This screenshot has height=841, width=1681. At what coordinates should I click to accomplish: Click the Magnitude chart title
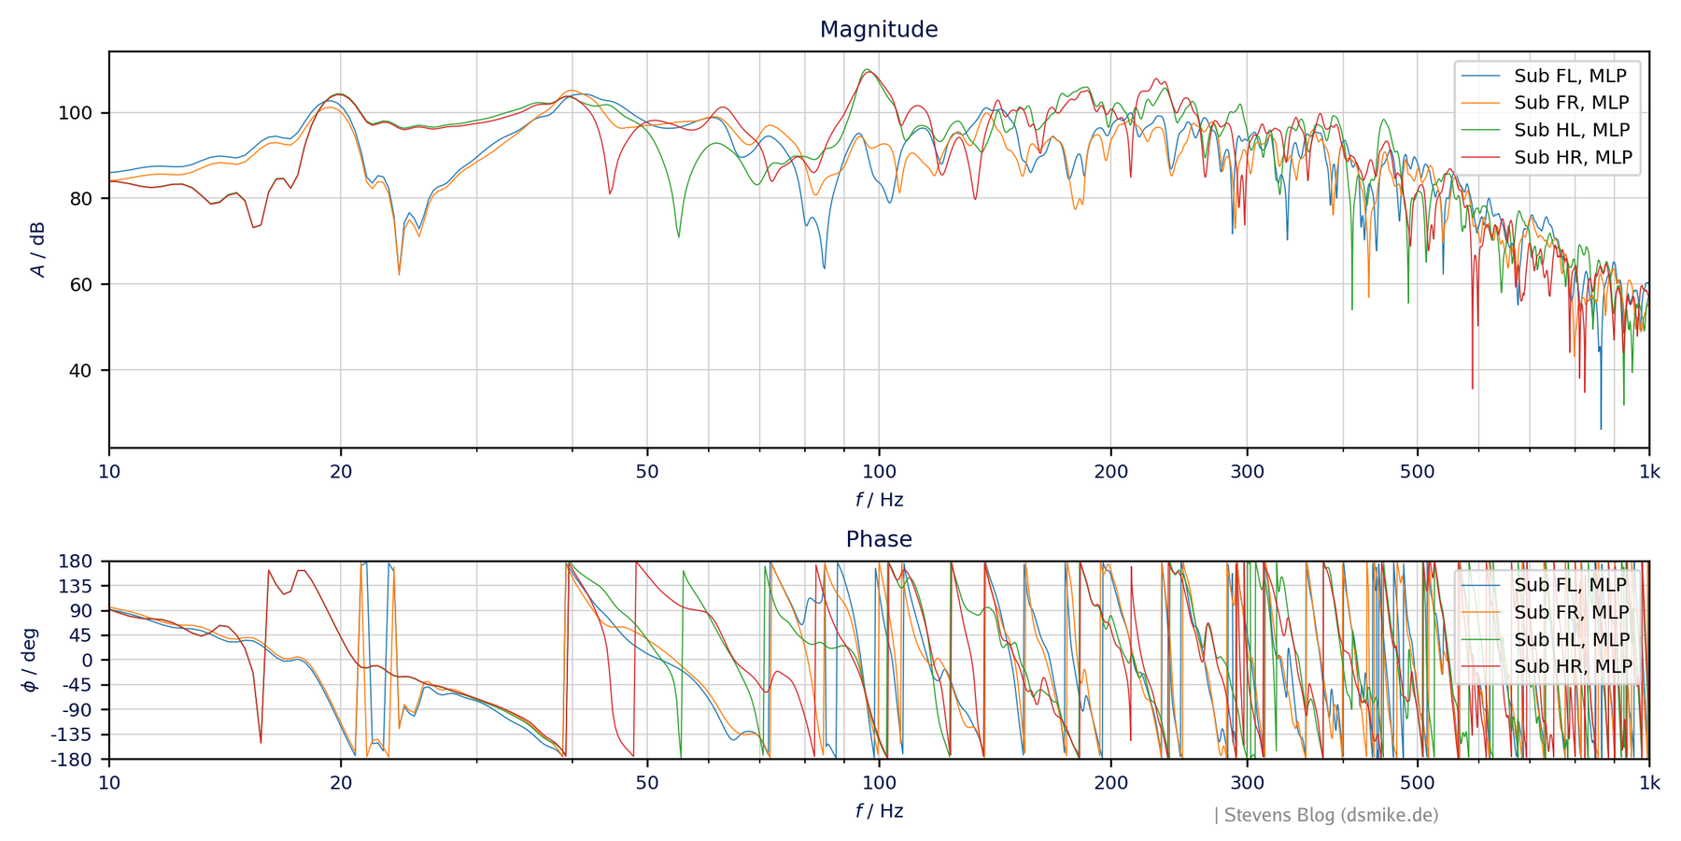pos(878,30)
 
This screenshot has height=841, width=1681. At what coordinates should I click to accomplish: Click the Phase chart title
pos(878,539)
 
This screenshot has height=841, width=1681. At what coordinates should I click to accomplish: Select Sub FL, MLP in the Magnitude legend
pos(1569,76)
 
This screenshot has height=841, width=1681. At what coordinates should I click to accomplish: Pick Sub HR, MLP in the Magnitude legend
pos(1573,158)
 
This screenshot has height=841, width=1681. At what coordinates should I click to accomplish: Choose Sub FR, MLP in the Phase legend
pos(1571,612)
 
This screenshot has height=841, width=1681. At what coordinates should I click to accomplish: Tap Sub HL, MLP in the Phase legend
pos(1571,639)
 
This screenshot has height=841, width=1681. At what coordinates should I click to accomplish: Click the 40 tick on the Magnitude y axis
pos(81,370)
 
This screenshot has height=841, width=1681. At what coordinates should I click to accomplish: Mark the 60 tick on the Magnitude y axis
pos(81,284)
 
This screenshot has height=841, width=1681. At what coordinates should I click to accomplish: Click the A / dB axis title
pos(37,249)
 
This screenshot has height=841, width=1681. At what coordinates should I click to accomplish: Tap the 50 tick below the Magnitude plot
pos(647,472)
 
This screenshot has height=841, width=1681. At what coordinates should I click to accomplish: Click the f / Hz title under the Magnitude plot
pos(879,500)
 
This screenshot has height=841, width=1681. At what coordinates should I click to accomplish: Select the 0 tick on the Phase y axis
pos(88,660)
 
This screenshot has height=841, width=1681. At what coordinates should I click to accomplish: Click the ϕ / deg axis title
pos(30,660)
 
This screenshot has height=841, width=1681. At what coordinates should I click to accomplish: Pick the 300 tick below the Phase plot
pos(1247,783)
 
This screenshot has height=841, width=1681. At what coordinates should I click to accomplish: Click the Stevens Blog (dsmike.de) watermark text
pos(1330,815)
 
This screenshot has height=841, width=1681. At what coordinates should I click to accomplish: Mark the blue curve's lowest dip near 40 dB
pos(1601,427)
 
